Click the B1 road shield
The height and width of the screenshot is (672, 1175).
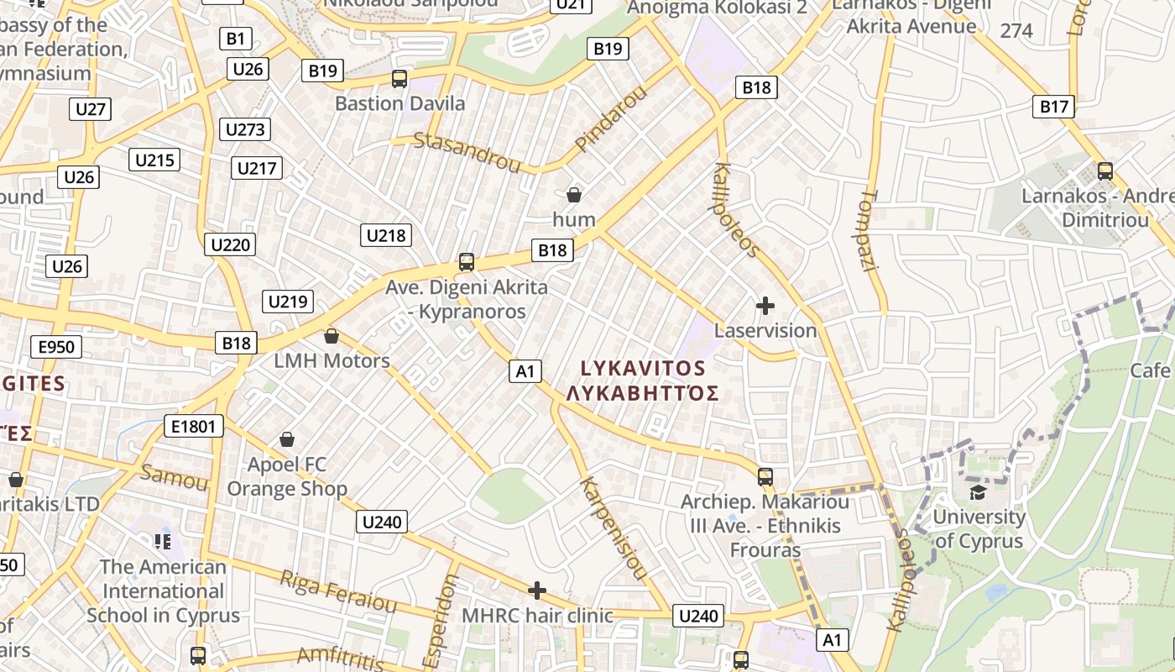235,38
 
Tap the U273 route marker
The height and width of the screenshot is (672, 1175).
245,129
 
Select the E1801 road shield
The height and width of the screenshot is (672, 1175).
193,427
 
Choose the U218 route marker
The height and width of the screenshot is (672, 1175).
386,235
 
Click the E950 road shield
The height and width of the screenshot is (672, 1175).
56,347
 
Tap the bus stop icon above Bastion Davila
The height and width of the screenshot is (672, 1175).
399,80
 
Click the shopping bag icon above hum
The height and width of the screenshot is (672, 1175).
574,196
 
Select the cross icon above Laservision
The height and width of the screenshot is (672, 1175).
765,306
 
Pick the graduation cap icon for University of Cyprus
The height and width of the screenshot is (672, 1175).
978,491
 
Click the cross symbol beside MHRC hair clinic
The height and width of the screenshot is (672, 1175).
537,591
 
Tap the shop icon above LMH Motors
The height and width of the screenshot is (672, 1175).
332,337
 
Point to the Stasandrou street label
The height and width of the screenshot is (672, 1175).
467,151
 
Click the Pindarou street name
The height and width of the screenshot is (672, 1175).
611,118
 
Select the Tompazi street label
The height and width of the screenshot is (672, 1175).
869,230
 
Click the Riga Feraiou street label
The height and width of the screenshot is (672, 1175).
337,591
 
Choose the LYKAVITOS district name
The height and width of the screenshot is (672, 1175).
644,368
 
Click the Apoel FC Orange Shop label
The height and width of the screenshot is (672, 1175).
287,476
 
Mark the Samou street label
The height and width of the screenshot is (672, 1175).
174,477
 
